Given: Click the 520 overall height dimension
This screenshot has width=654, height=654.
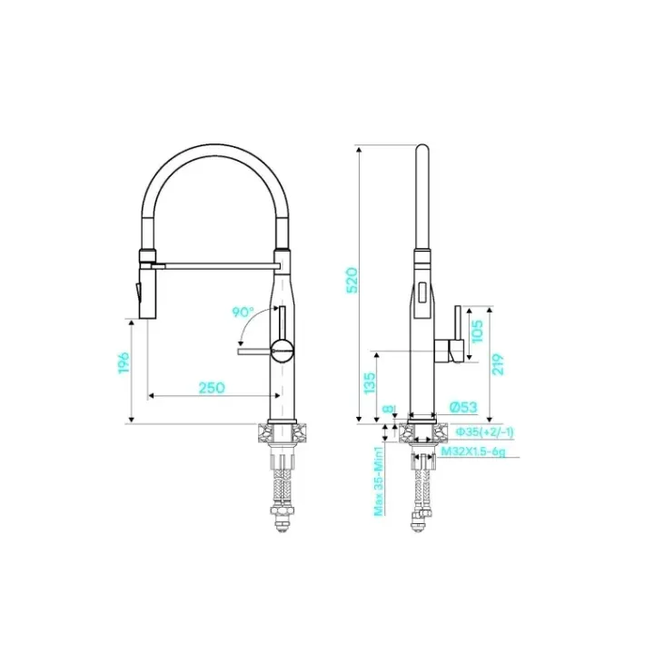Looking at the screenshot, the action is click(352, 281).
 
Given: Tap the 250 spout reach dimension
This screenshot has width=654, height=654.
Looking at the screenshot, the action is click(212, 388).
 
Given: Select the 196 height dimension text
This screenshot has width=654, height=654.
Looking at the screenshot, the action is click(124, 362).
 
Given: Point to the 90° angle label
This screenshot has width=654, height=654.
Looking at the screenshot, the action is click(243, 312).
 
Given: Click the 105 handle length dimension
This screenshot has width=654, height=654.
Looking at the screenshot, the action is click(477, 332).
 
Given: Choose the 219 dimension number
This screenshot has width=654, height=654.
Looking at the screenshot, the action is click(498, 364).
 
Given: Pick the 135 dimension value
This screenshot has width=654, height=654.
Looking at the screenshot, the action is click(370, 383).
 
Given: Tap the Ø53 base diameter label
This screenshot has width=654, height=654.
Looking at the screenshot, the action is click(463, 407).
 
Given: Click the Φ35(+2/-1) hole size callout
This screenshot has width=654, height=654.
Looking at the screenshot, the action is click(485, 432).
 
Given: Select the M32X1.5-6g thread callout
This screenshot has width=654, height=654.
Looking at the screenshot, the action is click(473, 451).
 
